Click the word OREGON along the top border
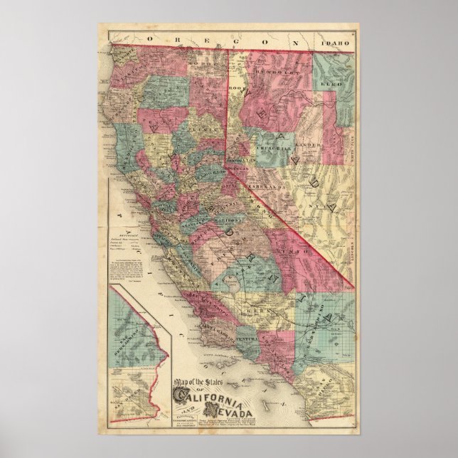tap(227, 43)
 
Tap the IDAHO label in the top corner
tap(337, 43)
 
